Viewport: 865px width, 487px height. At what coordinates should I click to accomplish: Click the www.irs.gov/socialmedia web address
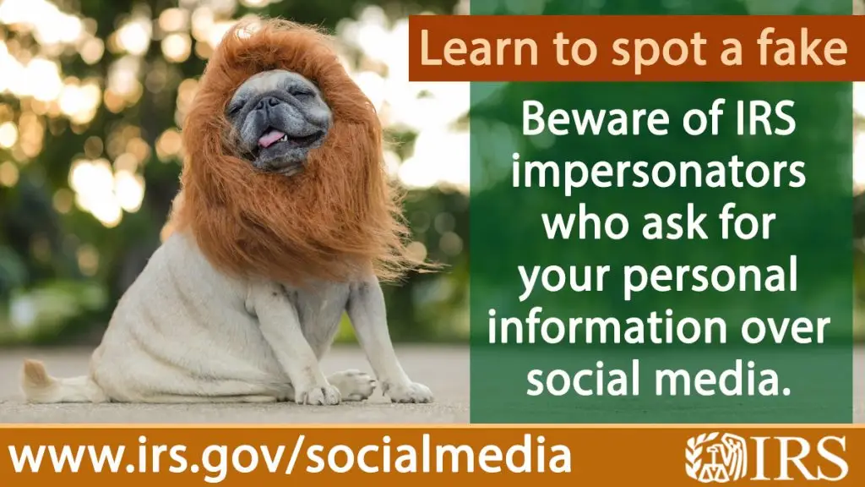(x=290, y=457)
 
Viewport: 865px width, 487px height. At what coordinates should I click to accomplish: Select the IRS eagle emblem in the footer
(x=715, y=456)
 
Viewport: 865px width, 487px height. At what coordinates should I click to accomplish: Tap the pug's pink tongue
(x=271, y=138)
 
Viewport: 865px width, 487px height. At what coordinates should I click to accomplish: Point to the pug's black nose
(x=269, y=102)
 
